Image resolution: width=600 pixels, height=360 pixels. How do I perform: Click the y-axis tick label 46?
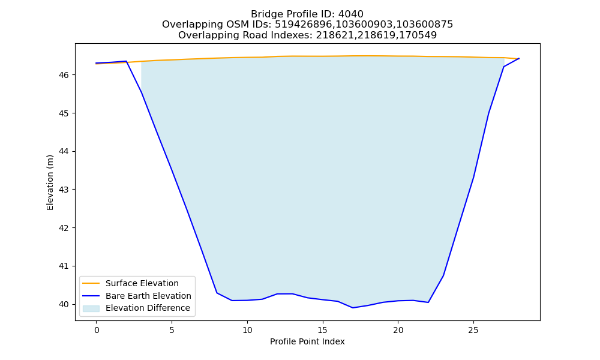coord(64,75)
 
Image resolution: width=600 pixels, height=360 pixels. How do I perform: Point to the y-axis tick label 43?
coord(64,190)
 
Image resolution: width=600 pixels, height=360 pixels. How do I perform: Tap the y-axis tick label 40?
coord(64,305)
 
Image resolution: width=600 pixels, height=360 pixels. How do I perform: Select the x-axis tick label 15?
coord(323,330)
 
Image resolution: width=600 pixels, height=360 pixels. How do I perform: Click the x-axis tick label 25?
coord(473,330)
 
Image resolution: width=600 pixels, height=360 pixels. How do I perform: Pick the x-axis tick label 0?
coord(97,330)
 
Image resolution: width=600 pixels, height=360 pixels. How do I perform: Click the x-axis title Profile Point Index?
coord(307,341)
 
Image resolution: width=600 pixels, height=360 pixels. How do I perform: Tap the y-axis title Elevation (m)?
coord(50,182)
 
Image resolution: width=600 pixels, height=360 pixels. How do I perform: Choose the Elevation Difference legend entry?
coord(136,308)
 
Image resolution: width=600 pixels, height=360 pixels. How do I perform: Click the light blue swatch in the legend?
coord(91,308)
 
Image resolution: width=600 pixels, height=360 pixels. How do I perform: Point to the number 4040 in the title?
coord(351,14)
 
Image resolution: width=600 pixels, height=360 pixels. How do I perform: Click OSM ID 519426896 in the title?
coord(304,25)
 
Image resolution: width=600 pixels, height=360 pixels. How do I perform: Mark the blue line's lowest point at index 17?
coord(353,308)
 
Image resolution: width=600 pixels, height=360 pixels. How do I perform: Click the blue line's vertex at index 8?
coord(217,293)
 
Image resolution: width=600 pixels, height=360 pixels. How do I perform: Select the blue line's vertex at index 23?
coord(443,275)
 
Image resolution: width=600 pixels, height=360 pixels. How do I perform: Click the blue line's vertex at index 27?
coord(503,67)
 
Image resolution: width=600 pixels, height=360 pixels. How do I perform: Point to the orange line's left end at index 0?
coord(96,64)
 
